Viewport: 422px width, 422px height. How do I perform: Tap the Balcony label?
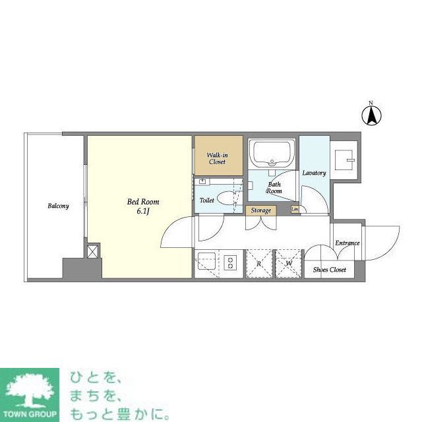58,206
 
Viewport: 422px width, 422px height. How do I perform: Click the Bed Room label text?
143,202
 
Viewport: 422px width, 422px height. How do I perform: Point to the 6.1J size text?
143,212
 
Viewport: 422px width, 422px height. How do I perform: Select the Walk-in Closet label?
218,158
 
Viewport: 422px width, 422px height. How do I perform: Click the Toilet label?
207,199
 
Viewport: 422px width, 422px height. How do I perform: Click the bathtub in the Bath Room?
271,154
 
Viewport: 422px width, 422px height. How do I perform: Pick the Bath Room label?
274,187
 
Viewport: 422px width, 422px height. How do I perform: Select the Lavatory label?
314,173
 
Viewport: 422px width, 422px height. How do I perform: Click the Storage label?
260,210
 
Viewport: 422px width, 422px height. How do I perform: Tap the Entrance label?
347,243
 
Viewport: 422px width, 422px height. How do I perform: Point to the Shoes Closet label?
329,270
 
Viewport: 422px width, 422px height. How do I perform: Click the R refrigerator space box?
260,263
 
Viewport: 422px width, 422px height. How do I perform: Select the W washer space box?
288,263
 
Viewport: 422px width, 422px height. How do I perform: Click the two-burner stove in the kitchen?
231,263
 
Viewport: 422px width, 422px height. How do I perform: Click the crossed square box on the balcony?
93,251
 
